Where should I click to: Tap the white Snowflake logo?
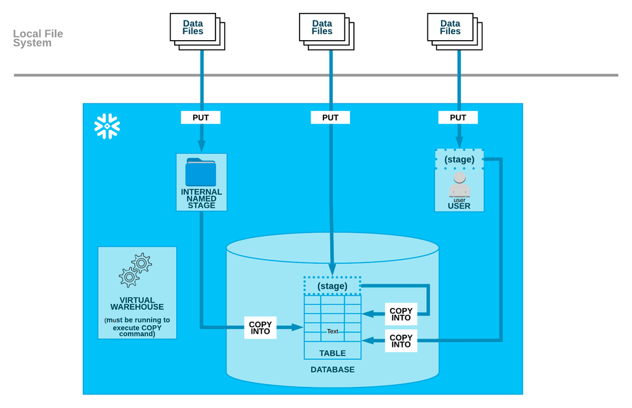pyautogui.click(x=107, y=126)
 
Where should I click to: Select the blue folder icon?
pyautogui.click(x=200, y=172)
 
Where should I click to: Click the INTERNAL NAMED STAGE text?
pyautogui.click(x=201, y=199)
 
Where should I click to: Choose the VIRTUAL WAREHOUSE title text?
pyautogui.click(x=137, y=303)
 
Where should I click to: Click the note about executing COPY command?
pyautogui.click(x=137, y=326)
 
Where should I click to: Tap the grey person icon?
pyautogui.click(x=459, y=184)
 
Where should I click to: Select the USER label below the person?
pyautogui.click(x=459, y=205)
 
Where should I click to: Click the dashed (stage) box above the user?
pyautogui.click(x=459, y=160)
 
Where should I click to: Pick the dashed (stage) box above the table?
pyautogui.click(x=332, y=286)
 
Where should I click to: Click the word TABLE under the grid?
pyautogui.click(x=332, y=353)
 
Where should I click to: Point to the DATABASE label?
pyautogui.click(x=332, y=369)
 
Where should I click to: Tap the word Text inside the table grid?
pyautogui.click(x=332, y=331)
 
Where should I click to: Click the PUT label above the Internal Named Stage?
pyautogui.click(x=200, y=118)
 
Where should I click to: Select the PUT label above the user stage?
pyautogui.click(x=458, y=118)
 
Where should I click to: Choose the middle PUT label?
pyautogui.click(x=330, y=118)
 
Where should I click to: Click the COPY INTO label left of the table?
pyautogui.click(x=260, y=328)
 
